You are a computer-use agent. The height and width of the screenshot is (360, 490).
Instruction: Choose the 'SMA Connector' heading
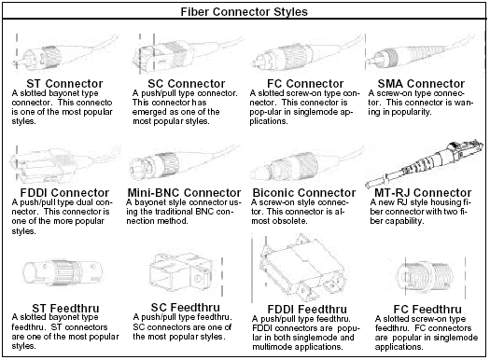[x=422, y=83]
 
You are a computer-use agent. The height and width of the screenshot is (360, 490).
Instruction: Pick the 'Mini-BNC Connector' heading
[x=187, y=193]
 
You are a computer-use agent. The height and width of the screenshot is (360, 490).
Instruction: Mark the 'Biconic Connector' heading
[x=304, y=193]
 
